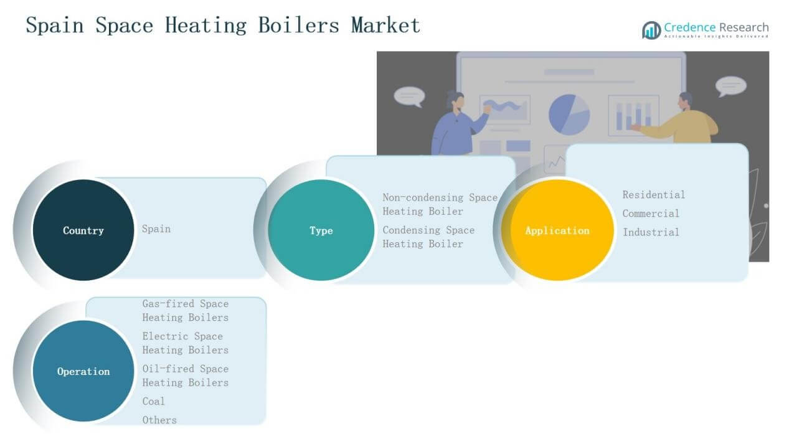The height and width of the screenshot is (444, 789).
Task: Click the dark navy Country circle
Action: point(83,230)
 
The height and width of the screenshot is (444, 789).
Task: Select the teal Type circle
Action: point(321,230)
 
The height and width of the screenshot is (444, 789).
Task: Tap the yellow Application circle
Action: point(557,230)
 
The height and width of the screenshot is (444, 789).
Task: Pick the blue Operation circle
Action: point(83,372)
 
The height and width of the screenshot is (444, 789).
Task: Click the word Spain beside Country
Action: point(156,229)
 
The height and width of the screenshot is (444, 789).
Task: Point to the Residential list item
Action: point(653,195)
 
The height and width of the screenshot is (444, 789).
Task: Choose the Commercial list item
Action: point(651,214)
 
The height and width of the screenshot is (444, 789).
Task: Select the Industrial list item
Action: point(651,232)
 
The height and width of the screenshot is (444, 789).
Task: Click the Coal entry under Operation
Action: point(153,402)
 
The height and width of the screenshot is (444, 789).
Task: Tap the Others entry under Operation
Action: point(159,420)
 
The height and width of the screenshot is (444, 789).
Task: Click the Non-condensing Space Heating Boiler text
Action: point(440,204)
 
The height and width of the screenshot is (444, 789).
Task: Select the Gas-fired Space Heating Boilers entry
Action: point(185,311)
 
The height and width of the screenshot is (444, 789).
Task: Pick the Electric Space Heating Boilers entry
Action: point(185,343)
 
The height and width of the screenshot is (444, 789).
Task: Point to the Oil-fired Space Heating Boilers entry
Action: point(185,376)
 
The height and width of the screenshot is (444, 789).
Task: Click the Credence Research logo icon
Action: point(651,30)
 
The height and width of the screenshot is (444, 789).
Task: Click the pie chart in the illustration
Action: point(569,114)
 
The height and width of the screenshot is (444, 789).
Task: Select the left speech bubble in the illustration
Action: point(409,96)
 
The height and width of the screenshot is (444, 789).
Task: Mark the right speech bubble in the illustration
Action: point(730,86)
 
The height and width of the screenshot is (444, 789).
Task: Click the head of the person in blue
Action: point(455,101)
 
